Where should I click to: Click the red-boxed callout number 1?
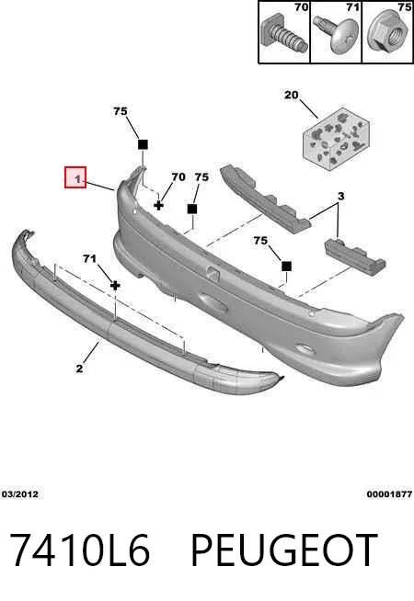(x=78, y=178)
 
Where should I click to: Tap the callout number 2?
(x=79, y=369)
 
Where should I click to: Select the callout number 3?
(x=340, y=197)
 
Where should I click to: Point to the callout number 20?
(x=292, y=95)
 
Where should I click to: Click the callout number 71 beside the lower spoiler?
(x=89, y=259)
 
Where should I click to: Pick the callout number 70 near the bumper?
(x=178, y=177)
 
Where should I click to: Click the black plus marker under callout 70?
(x=158, y=205)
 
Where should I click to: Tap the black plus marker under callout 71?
(x=115, y=286)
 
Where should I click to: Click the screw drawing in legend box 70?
(x=284, y=36)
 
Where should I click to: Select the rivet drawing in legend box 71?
(x=336, y=32)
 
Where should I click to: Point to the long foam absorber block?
(x=265, y=198)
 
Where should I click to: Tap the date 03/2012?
(x=20, y=494)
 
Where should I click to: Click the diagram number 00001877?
(x=389, y=494)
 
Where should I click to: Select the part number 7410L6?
(x=79, y=550)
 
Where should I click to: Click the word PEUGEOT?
(x=283, y=550)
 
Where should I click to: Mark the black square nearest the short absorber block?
(x=286, y=266)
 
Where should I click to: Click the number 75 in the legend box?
(x=405, y=7)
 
